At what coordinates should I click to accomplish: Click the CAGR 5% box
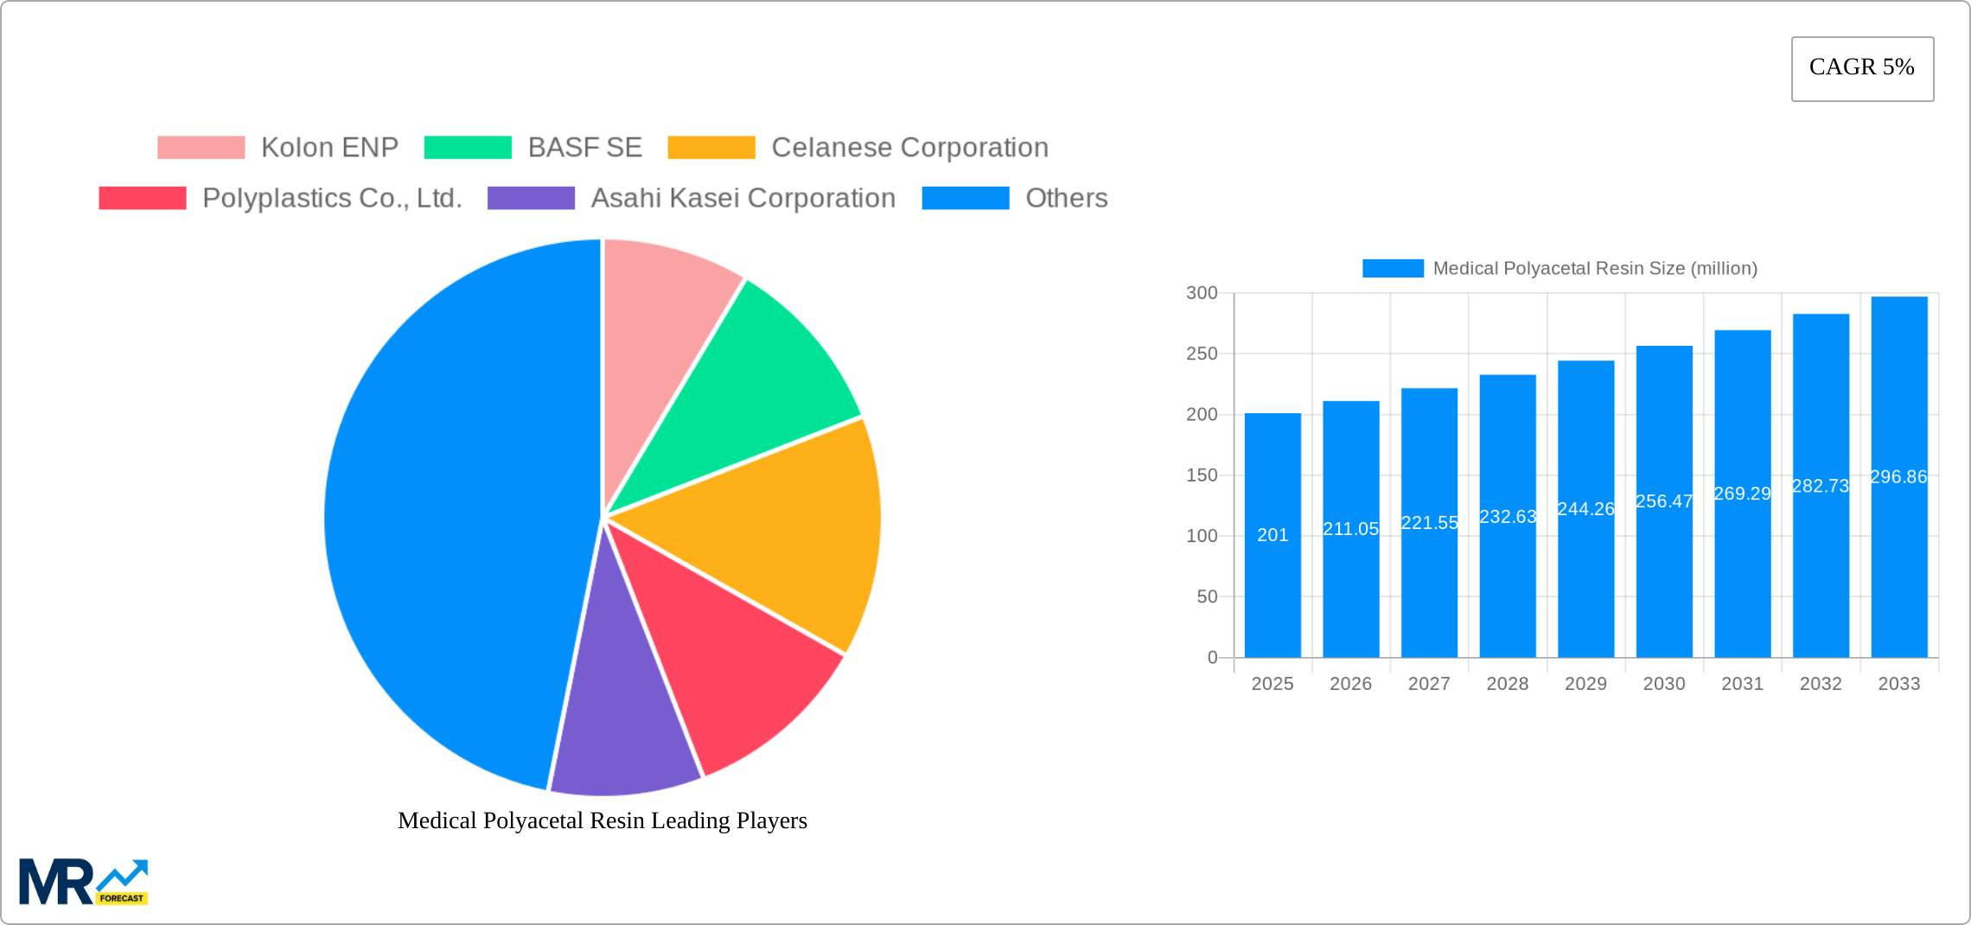point(1862,68)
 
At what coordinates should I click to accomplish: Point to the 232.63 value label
point(1508,517)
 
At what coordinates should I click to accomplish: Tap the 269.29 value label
point(1742,494)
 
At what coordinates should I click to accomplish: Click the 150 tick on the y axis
point(1202,475)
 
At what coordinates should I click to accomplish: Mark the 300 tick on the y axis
point(1202,293)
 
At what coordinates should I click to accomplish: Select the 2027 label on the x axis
point(1429,684)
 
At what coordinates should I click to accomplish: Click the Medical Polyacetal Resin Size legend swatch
point(1393,269)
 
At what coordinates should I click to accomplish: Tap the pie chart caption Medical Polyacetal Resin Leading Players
point(603,820)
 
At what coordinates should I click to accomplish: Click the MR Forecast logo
point(83,882)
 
